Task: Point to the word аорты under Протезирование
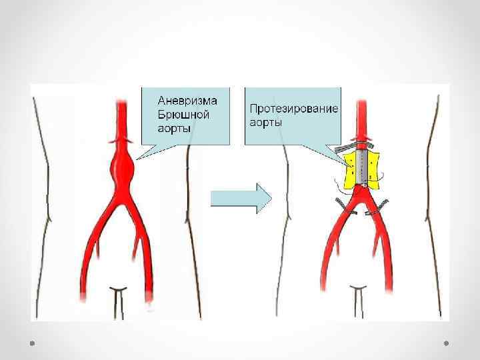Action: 265,123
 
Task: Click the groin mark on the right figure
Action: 358,293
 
